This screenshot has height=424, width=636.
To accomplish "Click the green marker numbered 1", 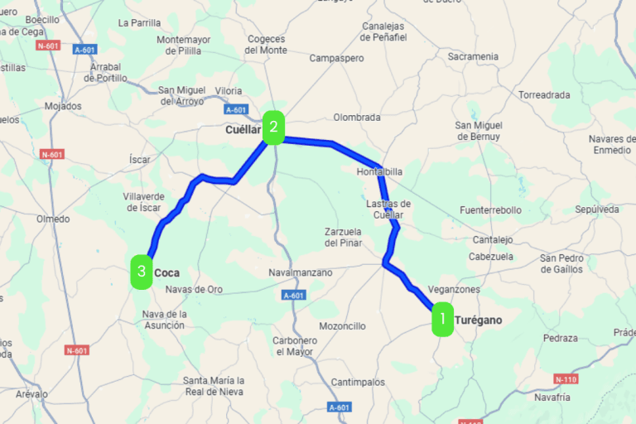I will click(443, 318).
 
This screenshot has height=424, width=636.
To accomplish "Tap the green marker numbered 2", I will click(273, 127).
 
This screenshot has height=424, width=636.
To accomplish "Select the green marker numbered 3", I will click(142, 272).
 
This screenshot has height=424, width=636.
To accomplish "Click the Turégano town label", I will click(479, 320).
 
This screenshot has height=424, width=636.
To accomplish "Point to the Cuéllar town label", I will click(243, 130).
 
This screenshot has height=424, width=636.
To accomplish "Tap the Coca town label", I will click(166, 272).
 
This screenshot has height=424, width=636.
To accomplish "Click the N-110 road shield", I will click(565, 379).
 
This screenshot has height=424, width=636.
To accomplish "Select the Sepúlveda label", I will click(596, 210).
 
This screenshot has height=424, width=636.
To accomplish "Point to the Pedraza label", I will click(561, 338).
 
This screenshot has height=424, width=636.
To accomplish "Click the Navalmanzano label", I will click(301, 272).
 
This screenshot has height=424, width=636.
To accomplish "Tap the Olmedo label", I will click(53, 219).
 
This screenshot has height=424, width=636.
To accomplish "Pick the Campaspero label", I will click(336, 59).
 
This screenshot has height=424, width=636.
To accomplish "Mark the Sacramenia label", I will click(473, 56).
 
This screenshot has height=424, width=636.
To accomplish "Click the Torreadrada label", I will click(544, 94).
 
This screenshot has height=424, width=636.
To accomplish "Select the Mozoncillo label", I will click(342, 326).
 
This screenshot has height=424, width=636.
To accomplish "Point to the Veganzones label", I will click(455, 290).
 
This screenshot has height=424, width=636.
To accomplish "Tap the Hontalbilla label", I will click(378, 171).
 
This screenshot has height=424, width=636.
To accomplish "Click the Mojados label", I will click(64, 106).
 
